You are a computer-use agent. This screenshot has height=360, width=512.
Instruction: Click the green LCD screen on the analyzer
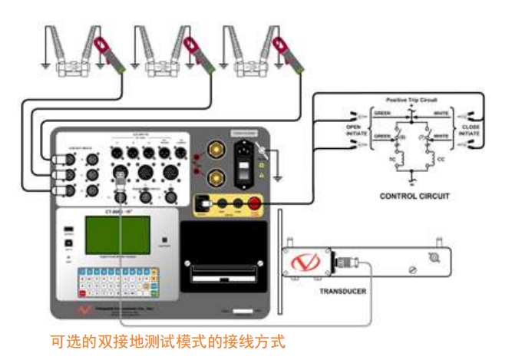pyautogui.click(x=117, y=237)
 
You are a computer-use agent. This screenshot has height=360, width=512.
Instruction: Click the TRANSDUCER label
pyautogui.click(x=342, y=292)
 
